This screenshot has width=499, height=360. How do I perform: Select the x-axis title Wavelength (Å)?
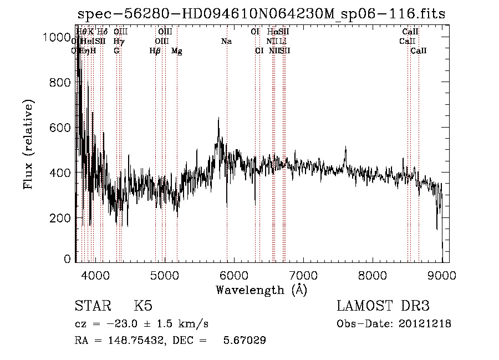[x=261, y=290]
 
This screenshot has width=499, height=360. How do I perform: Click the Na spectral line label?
[x=226, y=42]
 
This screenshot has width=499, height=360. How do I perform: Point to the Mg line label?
[x=177, y=51]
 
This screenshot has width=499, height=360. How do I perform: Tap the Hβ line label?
[x=155, y=51]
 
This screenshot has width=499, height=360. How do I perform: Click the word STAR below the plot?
[x=92, y=306]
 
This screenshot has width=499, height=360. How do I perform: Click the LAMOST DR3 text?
[x=383, y=306]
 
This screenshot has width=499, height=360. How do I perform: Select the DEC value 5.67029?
[x=245, y=341]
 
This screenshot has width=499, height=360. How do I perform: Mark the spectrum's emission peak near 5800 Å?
[x=218, y=118]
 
